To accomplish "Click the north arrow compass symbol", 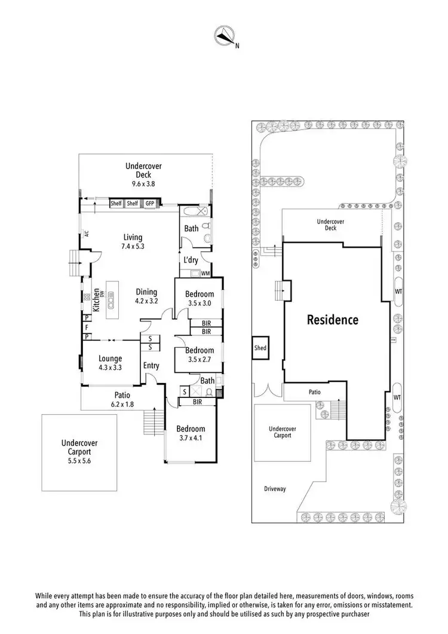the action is pyautogui.click(x=224, y=36).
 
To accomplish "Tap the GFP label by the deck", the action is pyautogui.click(x=150, y=204).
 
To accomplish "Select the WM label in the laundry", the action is pyautogui.click(x=205, y=274).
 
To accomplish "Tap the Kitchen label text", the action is pyautogui.click(x=95, y=296).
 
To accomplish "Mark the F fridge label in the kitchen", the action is pyautogui.click(x=87, y=328).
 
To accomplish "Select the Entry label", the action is pyautogui.click(x=151, y=365).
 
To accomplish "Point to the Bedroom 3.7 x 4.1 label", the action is pyautogui.click(x=191, y=433).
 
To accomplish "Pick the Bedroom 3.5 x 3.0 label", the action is pyautogui.click(x=199, y=298).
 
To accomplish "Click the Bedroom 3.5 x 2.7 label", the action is pyautogui.click(x=199, y=354).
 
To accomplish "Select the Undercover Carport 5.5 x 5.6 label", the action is pyautogui.click(x=79, y=448).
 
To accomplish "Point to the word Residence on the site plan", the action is pyautogui.click(x=333, y=320).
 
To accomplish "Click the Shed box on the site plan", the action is pyautogui.click(x=260, y=348).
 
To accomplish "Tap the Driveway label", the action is pyautogui.click(x=275, y=489).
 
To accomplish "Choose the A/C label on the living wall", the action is pyautogui.click(x=87, y=234).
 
